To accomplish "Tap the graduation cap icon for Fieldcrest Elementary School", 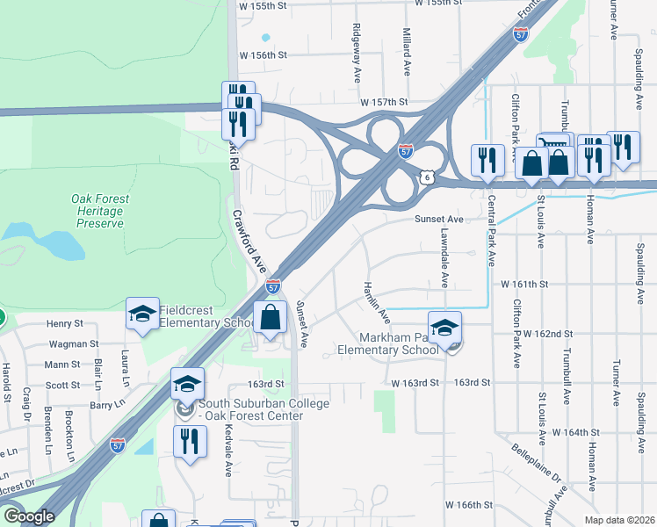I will pos(142,314).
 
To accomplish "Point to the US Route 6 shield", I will pos(427,177).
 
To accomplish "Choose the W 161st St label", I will pos(524,285).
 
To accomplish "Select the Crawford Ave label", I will pos(249,239).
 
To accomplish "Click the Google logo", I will pos(29,516).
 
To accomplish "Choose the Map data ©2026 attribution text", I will pos(619,520).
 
